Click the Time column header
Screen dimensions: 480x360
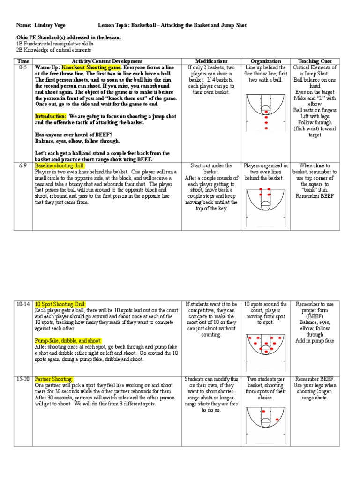tap(23, 61)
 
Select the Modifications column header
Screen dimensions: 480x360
tap(211, 61)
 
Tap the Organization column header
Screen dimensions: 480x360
tap(266, 61)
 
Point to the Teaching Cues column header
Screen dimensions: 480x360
tap(315, 61)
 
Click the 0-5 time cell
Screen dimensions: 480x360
tap(23, 67)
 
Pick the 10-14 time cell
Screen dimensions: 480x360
tap(23, 304)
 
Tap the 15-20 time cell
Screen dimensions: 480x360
tap(23, 379)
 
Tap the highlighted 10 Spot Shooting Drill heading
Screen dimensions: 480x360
tap(60, 304)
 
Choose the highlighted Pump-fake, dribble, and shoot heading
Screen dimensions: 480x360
tap(68, 340)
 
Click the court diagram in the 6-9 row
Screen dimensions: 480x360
tap(266, 202)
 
